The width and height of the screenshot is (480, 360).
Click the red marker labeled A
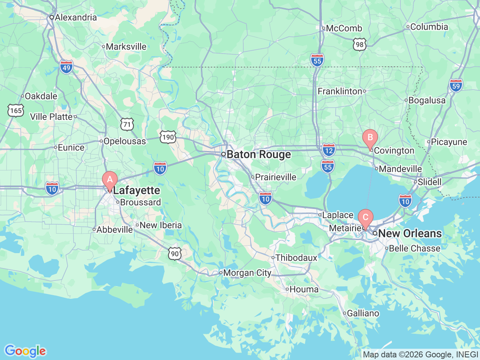coord(110,180)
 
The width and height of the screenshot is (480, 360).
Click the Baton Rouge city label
coord(258,154)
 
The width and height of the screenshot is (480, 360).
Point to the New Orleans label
coord(409,233)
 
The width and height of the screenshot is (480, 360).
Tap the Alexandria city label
coord(75,17)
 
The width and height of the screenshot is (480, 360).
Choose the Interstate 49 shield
coord(66,67)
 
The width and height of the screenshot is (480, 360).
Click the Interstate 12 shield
coord(328,150)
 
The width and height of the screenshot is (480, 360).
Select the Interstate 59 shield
coord(456,85)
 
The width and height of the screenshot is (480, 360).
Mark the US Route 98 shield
coord(360,45)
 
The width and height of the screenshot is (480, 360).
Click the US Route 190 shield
coord(168,137)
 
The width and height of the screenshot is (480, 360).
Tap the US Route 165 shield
coord(16,110)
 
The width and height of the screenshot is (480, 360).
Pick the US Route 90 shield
coord(175,254)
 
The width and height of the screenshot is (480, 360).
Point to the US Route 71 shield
coord(127,124)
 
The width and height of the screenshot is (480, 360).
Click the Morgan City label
coord(247,273)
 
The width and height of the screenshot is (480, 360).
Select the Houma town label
coord(304,289)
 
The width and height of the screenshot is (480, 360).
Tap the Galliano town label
coord(363,313)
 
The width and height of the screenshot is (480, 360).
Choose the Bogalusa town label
coord(427,100)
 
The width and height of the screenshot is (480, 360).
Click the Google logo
coord(25,351)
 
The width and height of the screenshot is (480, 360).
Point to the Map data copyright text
coord(420,354)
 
